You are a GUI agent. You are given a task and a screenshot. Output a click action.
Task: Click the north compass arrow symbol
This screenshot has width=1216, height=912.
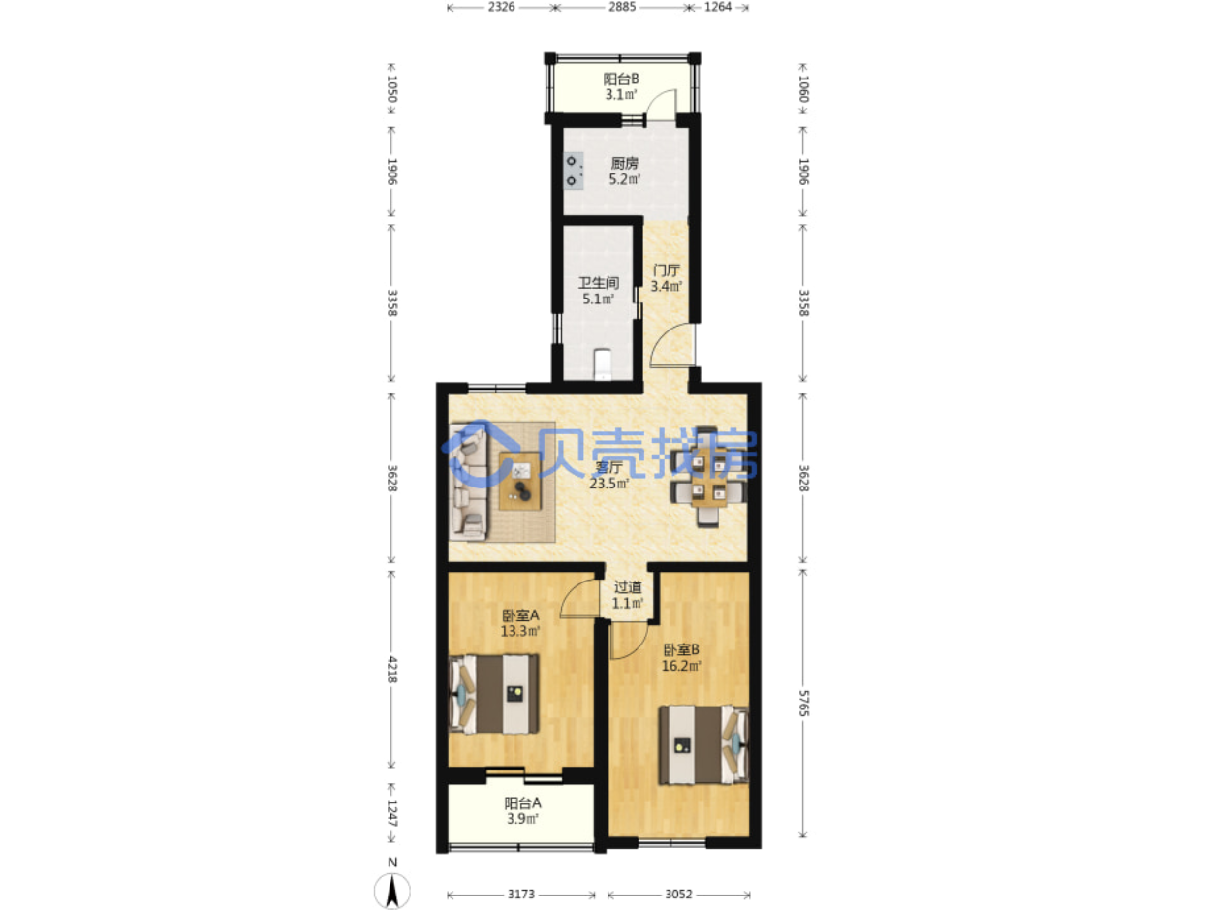pos(391,891)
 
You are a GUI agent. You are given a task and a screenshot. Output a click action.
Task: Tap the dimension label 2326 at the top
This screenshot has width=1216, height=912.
pos(501,7)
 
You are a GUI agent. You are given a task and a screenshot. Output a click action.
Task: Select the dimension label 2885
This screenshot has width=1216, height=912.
pos(622,7)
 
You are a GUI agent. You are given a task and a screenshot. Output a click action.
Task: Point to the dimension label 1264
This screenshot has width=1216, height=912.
pos(718,7)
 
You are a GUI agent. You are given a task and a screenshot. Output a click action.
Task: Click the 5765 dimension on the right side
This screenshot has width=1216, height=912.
pos(804,703)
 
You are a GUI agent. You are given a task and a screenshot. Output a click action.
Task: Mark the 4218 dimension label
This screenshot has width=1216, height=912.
pos(391,670)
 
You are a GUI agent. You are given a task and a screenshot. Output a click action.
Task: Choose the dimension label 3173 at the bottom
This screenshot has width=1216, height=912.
pos(520,894)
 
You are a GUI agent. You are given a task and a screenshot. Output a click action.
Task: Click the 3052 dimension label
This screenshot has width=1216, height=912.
pos(678,894)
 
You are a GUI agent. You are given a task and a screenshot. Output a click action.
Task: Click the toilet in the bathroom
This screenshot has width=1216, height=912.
pos(602,364)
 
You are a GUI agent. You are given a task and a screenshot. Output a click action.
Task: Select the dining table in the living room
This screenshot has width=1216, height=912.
pos(708,477)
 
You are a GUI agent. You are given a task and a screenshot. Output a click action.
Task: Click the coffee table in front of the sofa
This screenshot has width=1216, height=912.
pos(519,481)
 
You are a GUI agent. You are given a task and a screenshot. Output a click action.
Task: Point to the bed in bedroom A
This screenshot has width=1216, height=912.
pos(493,694)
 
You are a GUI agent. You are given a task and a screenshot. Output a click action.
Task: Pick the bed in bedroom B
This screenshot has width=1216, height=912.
pos(703,744)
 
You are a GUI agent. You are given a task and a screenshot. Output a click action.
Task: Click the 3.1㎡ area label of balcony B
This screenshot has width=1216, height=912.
pos(620,95)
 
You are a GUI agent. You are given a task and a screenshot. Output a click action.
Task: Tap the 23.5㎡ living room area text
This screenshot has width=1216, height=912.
pos(608,484)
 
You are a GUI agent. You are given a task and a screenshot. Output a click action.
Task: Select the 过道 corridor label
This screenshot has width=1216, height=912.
pos(628,586)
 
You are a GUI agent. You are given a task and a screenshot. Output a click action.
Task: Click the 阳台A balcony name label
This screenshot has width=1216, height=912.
pos(522,802)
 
